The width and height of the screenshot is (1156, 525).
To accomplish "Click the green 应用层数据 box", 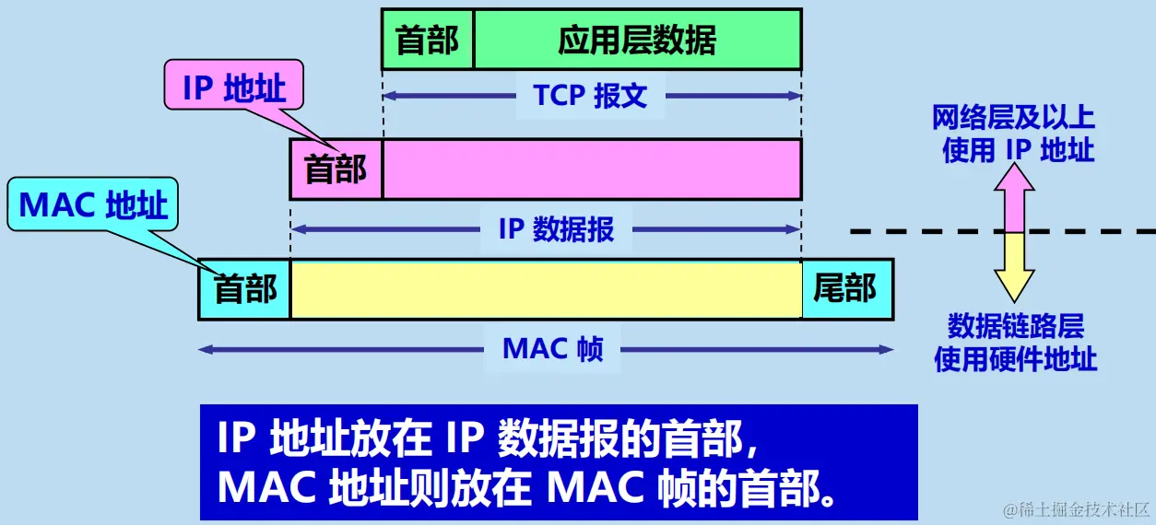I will coord(637,41).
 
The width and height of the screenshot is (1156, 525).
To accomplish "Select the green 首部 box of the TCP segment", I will coord(428,41).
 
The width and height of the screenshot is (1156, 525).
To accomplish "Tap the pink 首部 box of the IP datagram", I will coord(336,169).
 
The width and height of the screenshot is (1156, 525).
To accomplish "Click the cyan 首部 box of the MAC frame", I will coord(244,289).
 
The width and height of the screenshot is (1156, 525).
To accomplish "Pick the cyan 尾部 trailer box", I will coord(845,289).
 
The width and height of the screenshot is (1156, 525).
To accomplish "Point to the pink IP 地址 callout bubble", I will coord(234,89).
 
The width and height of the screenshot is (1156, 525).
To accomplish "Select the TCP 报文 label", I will coord(590,95).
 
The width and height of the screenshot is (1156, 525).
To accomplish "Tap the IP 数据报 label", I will coord(555,228).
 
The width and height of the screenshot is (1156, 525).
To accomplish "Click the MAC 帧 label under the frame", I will coord(552,349).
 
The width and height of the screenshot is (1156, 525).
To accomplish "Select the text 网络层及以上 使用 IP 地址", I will coord(1013,134).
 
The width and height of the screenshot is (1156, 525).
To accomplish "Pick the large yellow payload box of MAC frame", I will coord(546,289).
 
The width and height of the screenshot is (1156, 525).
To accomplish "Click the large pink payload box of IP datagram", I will coord(592,169).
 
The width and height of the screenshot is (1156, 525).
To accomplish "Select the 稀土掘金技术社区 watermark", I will coord(1069,509).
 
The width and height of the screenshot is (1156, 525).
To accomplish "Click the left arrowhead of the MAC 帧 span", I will coord(205,350).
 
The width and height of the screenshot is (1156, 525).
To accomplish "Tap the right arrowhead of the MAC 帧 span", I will coord(888,350).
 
